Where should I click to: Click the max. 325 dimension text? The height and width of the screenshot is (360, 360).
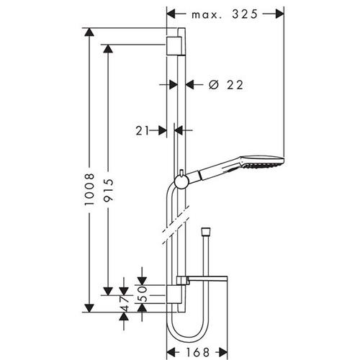[x=225, y=14]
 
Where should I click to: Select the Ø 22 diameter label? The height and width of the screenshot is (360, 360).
[x=226, y=85]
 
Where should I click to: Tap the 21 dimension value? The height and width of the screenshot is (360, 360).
[x=143, y=131]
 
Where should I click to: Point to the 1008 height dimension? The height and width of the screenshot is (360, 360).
[x=89, y=189]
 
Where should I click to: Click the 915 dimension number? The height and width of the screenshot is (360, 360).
[x=108, y=190]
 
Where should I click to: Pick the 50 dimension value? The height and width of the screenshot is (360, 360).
[x=143, y=294]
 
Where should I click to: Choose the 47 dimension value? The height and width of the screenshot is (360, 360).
[x=124, y=303]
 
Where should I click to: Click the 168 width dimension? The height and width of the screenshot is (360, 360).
[x=198, y=353]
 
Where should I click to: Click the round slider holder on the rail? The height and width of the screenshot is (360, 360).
[x=181, y=181]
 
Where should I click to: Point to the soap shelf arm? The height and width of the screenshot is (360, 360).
[x=202, y=280]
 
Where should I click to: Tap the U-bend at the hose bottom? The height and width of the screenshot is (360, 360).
[x=187, y=333]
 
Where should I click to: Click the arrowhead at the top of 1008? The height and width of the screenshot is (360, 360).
[x=89, y=32]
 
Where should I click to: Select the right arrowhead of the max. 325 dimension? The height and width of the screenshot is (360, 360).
[x=280, y=14]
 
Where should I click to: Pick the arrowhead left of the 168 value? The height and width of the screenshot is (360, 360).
[x=171, y=353]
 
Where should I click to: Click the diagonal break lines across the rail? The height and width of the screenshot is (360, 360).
[x=176, y=225]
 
